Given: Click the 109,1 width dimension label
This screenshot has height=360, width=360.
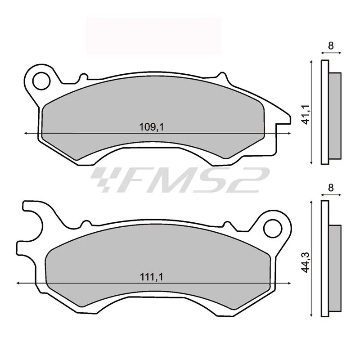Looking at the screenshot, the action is [152, 127].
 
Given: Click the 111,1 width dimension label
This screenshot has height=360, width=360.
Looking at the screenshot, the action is [152, 277].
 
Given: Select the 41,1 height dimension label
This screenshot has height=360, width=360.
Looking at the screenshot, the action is [306, 115].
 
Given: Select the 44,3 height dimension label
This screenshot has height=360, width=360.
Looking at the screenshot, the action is [306, 262].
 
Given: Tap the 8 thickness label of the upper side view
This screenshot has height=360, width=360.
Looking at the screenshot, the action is [331, 46].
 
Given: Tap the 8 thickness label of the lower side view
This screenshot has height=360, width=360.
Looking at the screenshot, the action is [331, 188].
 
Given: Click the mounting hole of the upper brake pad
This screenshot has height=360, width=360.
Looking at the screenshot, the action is [41, 81].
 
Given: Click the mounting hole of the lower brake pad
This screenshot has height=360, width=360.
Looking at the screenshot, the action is [273, 229].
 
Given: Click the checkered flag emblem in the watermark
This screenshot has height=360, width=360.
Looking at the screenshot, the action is [103, 179].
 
